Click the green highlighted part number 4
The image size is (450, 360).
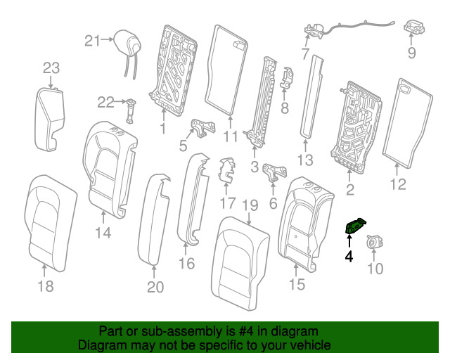point(355,226)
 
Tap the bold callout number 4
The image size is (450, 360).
point(349,256)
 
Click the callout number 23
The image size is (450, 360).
point(51,68)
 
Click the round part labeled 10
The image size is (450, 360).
point(374,242)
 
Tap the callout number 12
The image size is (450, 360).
point(399,184)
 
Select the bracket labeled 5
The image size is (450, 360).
point(203,128)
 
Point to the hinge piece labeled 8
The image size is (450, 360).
point(286,78)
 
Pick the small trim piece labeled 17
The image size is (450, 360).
point(226,170)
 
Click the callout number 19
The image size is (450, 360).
point(250,205)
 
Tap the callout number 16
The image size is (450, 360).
point(187,263)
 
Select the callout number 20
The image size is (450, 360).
point(155,287)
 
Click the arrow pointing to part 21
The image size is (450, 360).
point(108,39)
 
